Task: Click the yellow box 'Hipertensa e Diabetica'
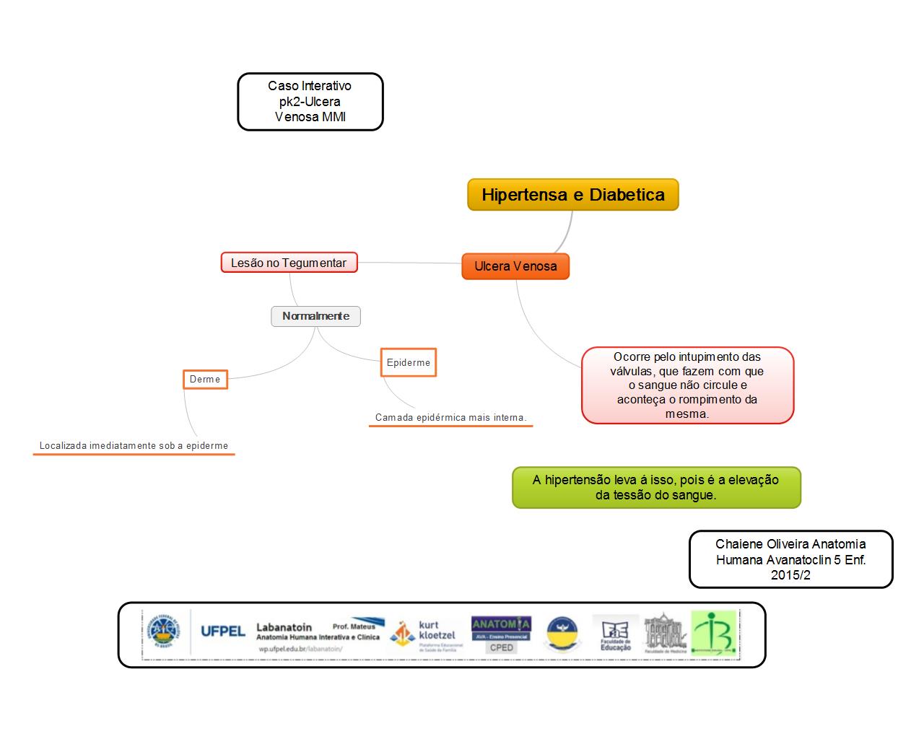573,195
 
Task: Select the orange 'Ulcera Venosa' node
515,266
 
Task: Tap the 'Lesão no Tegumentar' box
289,263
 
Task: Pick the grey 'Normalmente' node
315,316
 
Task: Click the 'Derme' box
205,380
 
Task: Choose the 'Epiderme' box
408,363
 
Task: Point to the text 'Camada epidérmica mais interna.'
450,418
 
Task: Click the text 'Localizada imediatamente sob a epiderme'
134,446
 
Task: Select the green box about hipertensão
655,487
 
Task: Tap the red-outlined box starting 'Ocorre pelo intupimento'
687,385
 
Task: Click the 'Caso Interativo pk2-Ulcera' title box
310,102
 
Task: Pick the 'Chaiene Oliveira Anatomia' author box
790,559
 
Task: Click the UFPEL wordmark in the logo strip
222,631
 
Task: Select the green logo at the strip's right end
713,633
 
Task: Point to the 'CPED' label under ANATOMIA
501,648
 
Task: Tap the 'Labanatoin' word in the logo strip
284,627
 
